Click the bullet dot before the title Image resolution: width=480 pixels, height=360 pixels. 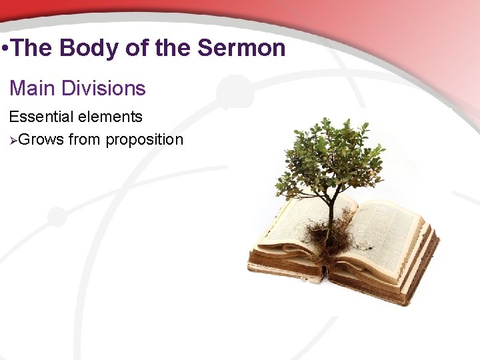pos(5,49)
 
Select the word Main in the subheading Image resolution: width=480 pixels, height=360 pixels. pos(31,88)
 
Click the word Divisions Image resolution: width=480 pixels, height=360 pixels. pos(103,88)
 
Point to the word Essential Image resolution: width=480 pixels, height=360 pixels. pos(40,117)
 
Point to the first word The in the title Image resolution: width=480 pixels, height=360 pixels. pos(33,48)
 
